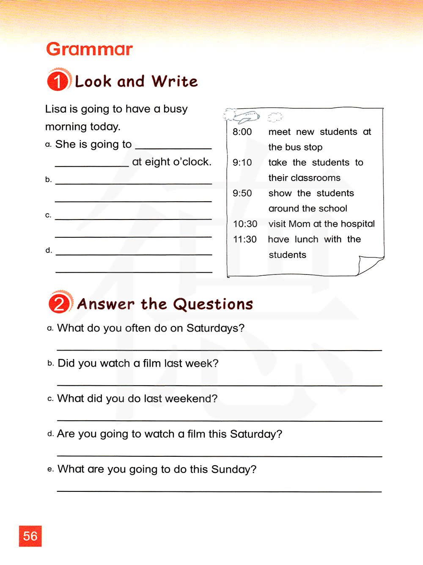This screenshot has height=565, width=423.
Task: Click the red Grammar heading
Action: [89, 49]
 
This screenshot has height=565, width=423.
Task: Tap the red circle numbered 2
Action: [60, 303]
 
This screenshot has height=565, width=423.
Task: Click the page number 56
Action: [30, 536]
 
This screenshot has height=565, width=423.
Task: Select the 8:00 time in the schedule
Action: [242, 132]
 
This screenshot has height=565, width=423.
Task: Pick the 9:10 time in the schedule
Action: [242, 163]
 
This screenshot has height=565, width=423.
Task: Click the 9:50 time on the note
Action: [242, 193]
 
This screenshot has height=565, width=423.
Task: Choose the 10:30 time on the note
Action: [245, 224]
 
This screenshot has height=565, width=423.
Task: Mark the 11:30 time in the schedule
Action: [245, 239]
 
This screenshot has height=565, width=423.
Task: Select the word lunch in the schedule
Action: [306, 240]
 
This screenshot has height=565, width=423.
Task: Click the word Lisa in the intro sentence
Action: [56, 109]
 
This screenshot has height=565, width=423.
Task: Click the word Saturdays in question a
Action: [215, 328]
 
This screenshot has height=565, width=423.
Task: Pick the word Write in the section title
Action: [174, 81]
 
